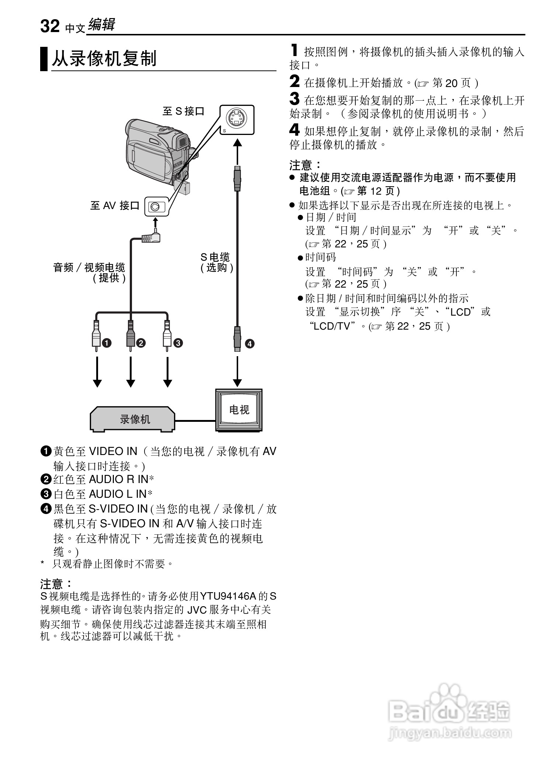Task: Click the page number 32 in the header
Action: click(x=50, y=26)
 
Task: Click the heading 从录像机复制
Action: click(x=104, y=59)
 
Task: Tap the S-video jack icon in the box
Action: click(x=236, y=119)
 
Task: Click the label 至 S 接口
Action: click(x=183, y=111)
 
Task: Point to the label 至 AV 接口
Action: click(x=115, y=205)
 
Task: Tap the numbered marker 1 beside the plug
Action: click(x=107, y=343)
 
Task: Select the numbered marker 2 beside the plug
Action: click(x=141, y=343)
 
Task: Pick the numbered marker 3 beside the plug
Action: click(x=178, y=343)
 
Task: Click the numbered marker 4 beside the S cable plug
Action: click(x=250, y=344)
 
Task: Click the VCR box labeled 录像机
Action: click(x=133, y=419)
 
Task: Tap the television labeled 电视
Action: click(x=239, y=410)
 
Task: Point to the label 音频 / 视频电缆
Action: click(x=89, y=268)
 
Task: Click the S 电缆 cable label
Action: click(x=215, y=257)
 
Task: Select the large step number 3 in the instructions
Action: click(x=294, y=99)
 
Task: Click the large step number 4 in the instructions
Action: click(x=294, y=130)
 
